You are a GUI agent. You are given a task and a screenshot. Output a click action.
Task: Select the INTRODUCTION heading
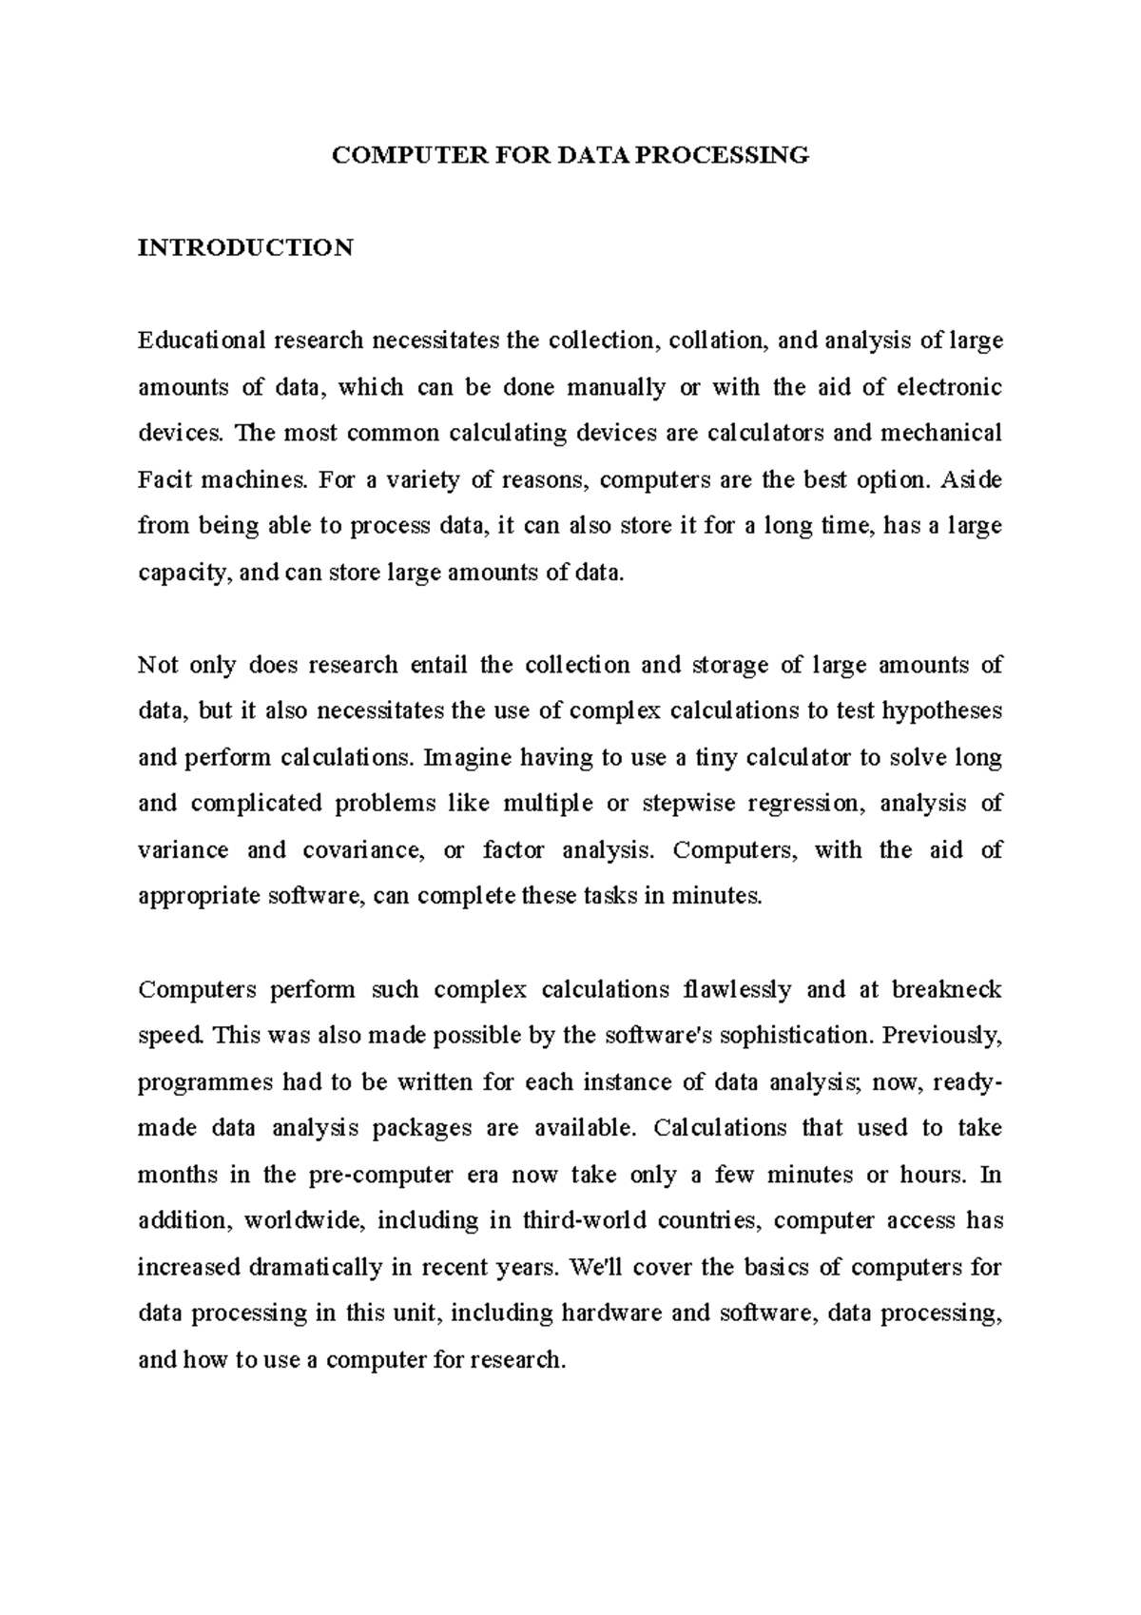click(245, 248)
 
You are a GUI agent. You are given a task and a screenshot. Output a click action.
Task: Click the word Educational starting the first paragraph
click(203, 341)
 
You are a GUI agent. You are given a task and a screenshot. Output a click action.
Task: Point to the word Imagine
click(469, 758)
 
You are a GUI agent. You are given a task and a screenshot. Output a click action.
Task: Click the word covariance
click(361, 850)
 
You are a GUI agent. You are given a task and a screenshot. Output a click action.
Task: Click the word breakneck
click(946, 989)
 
